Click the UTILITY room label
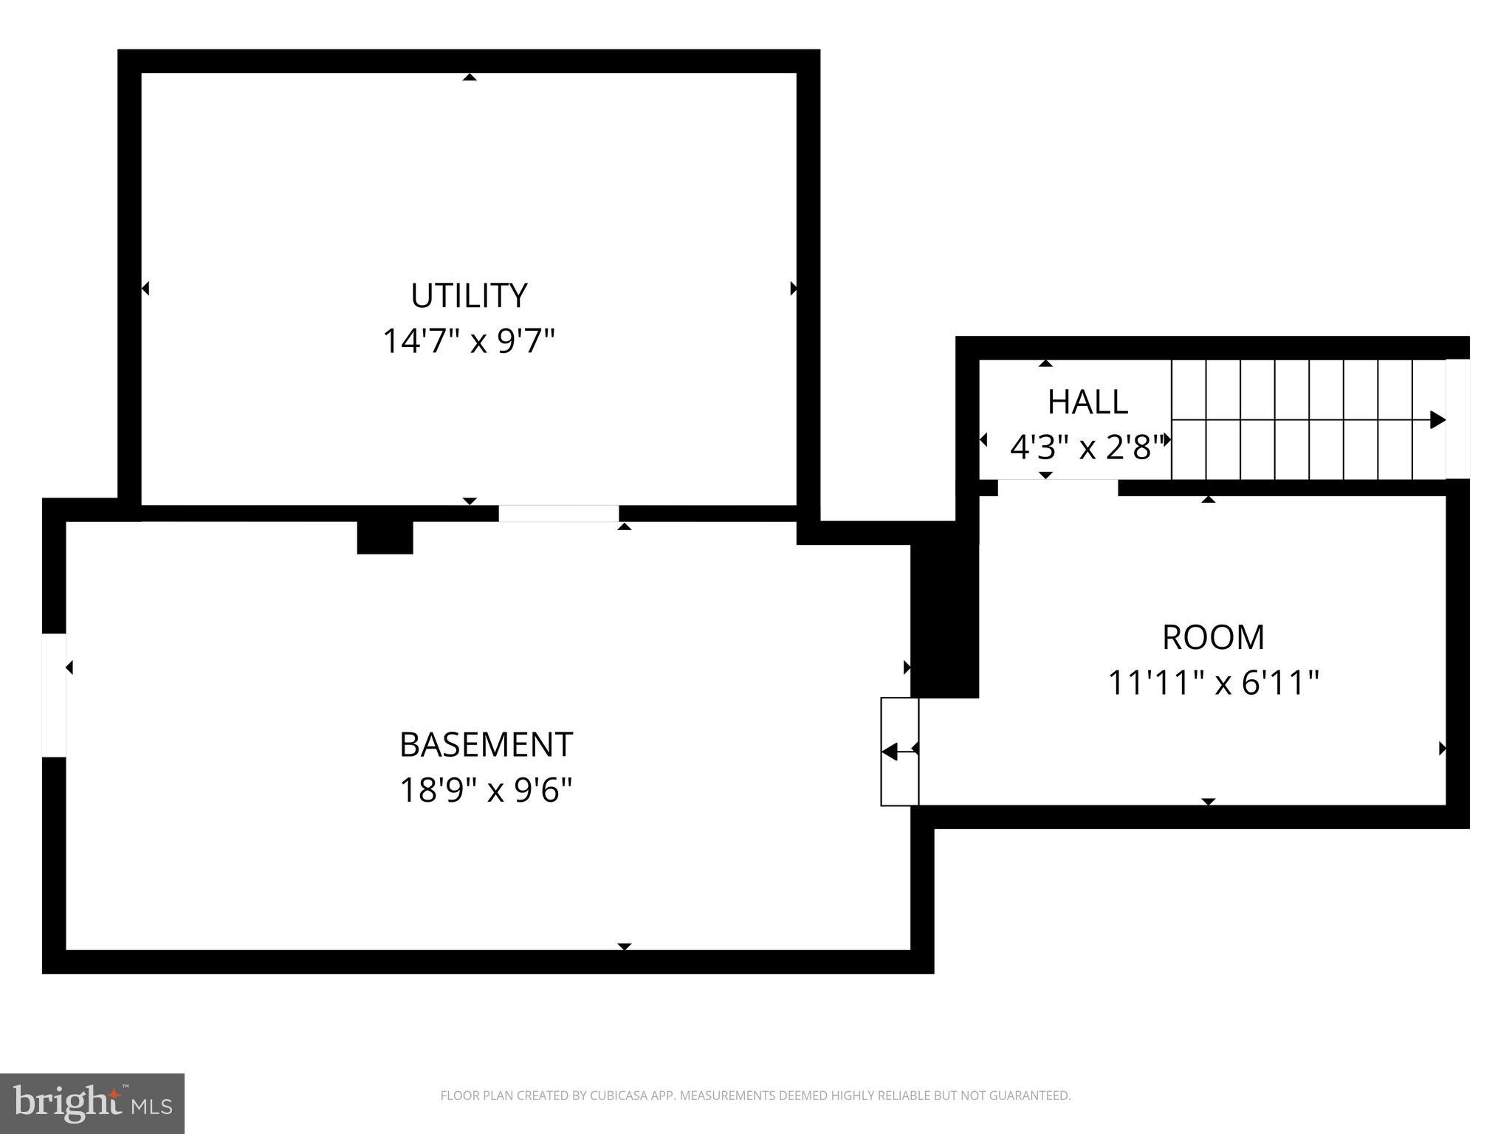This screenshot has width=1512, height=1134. (469, 295)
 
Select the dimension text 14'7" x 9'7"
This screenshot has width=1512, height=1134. (468, 341)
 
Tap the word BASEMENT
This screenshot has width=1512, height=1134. (486, 744)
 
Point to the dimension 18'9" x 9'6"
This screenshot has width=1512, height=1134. (486, 790)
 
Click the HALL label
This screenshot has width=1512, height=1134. (1087, 402)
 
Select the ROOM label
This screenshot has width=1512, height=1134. (1213, 637)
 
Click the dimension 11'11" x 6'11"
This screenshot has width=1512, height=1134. (1213, 683)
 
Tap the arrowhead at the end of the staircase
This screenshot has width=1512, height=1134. (1437, 419)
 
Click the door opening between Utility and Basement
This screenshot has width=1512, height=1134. (558, 513)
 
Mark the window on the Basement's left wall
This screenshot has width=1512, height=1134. (54, 695)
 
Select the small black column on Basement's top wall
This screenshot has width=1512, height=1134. (385, 537)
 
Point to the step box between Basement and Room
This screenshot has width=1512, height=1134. (899, 752)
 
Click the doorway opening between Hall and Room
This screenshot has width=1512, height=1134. (1057, 488)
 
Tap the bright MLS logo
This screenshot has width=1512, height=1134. (92, 1103)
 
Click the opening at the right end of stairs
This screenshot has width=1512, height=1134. (1457, 419)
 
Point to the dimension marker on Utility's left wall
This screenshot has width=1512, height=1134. (145, 288)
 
